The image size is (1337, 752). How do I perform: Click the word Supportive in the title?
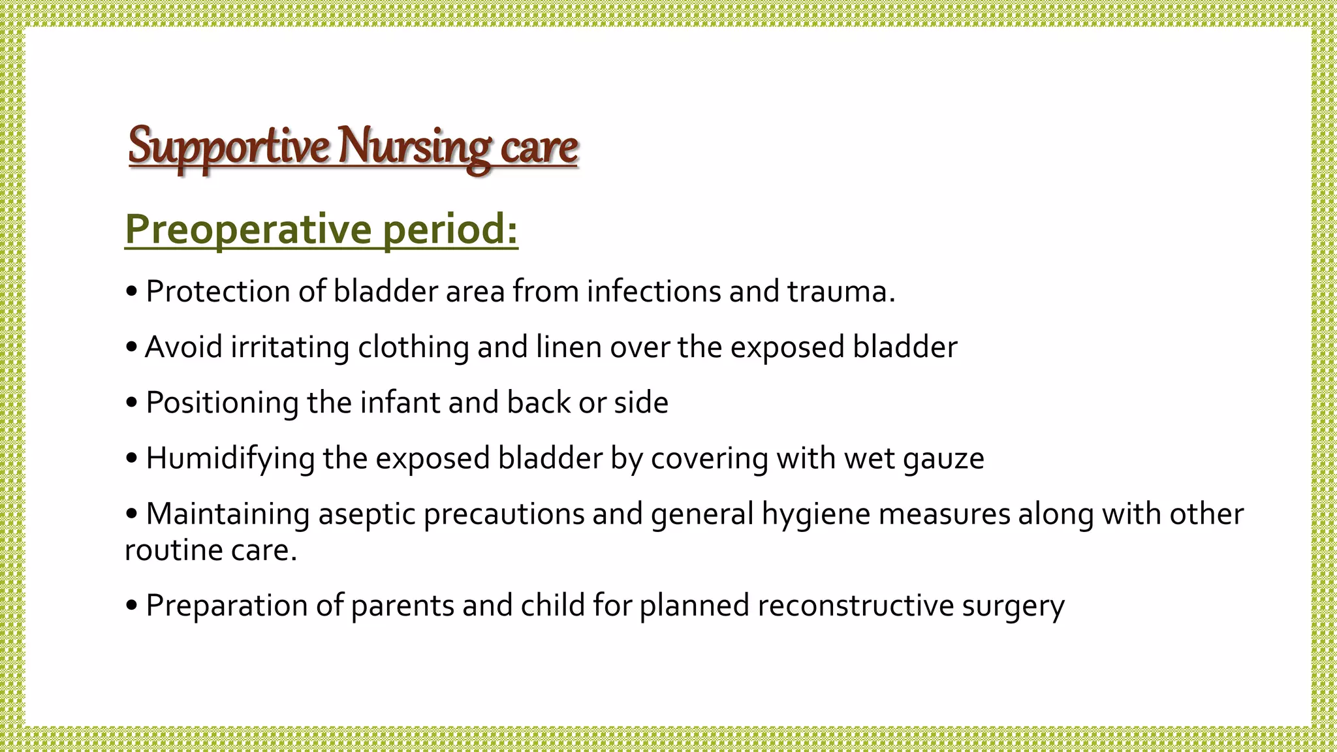click(228, 146)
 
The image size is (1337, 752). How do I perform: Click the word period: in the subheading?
click(450, 229)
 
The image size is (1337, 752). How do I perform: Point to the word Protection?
click(218, 291)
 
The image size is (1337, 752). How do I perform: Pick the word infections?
click(653, 291)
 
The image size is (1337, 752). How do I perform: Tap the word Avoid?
click(183, 347)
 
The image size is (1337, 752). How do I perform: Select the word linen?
click(569, 347)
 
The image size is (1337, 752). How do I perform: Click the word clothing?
click(413, 347)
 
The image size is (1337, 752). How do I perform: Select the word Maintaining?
click(228, 514)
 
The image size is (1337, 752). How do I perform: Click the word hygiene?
click(816, 514)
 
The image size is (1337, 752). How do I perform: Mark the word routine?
click(164, 550)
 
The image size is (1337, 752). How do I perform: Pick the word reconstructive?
click(856, 605)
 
